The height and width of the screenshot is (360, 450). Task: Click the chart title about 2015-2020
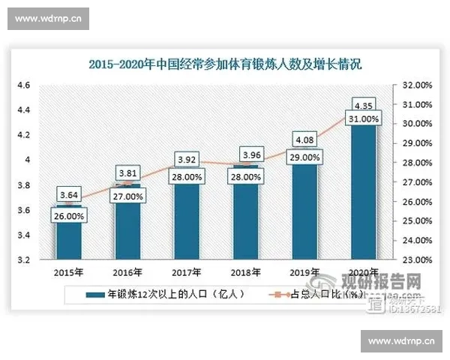225,65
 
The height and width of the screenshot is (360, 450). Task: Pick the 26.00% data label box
67,215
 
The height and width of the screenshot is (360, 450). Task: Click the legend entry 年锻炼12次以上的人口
164,295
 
